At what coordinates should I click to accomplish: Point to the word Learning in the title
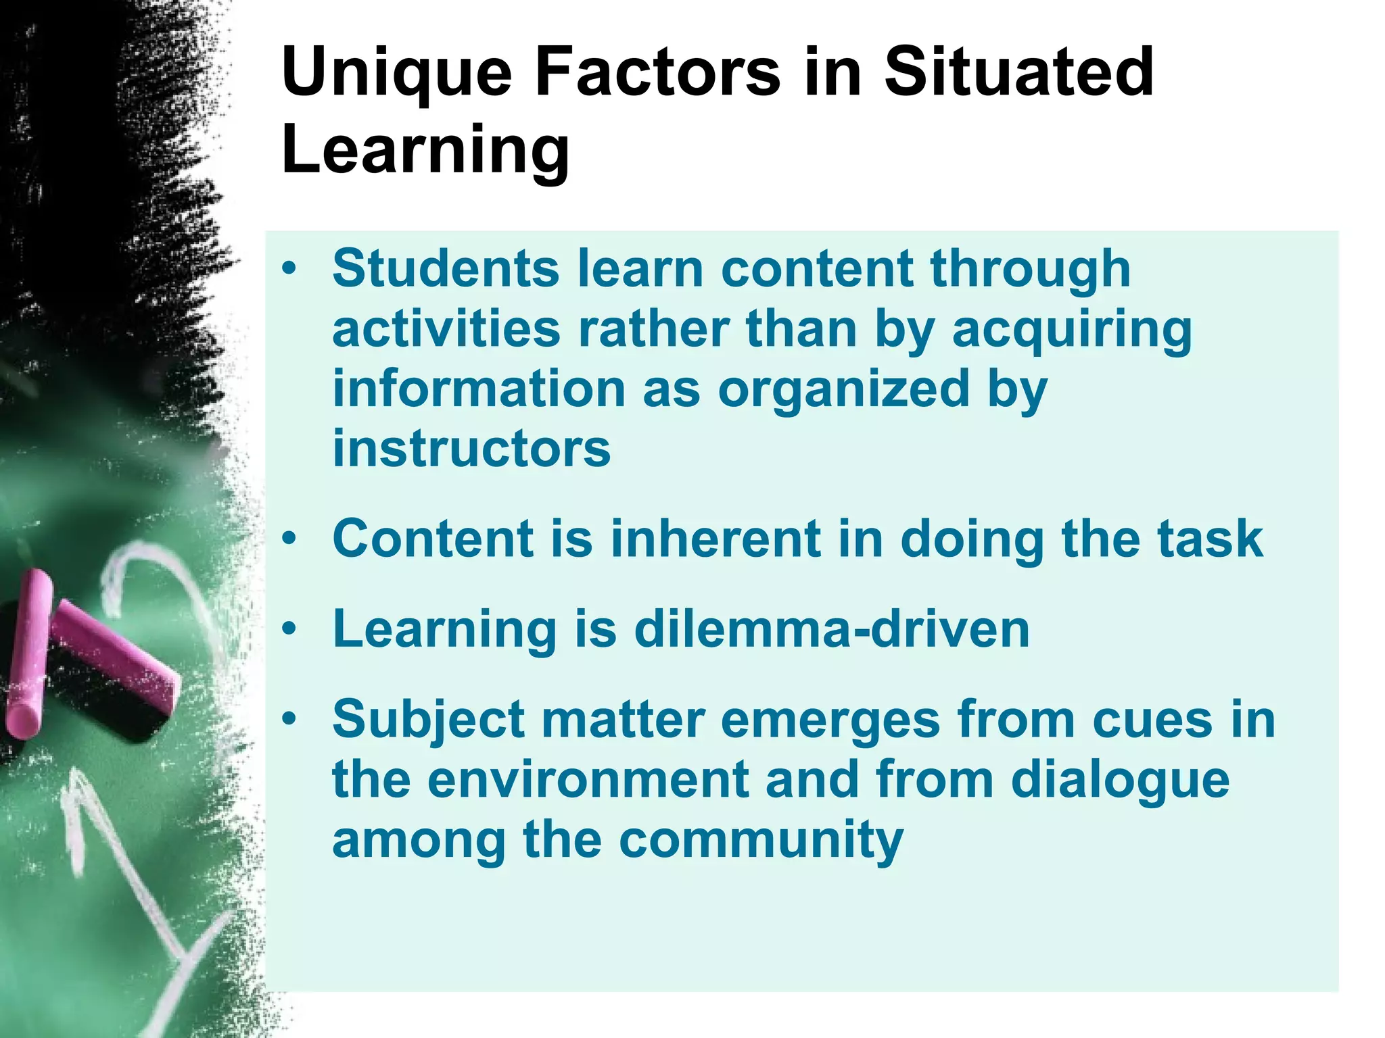pos(425,151)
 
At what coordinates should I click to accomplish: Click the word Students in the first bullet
pos(446,268)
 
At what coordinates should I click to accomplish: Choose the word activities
pos(446,329)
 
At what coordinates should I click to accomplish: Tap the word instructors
pos(471,449)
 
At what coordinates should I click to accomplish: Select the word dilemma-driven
pos(831,628)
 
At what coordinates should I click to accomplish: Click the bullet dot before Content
pos(289,539)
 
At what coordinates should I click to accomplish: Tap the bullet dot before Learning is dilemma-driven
pos(289,629)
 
